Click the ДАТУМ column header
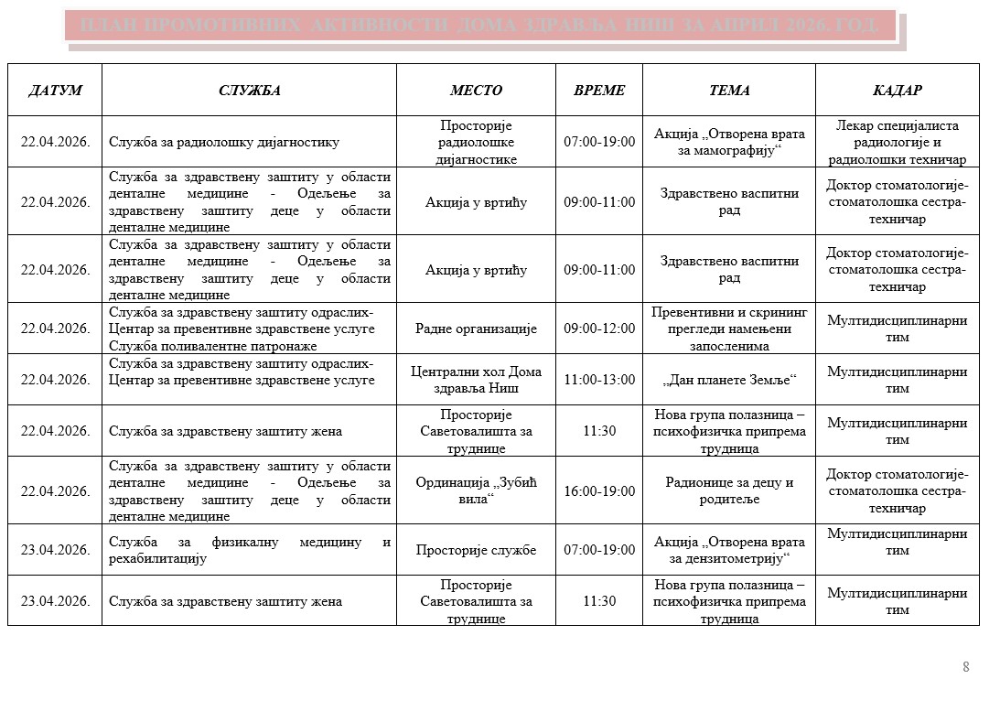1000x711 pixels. coord(55,91)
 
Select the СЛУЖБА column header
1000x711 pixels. coord(249,91)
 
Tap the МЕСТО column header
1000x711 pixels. coord(476,91)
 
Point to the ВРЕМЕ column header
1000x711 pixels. coord(599,91)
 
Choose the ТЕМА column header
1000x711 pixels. coord(729,91)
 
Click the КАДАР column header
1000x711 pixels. coord(897,91)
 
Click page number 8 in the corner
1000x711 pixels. coord(965,667)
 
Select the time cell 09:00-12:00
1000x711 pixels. coord(599,329)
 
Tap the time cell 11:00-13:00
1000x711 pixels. coord(599,380)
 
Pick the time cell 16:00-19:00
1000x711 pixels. coord(599,491)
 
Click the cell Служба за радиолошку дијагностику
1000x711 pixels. coord(224,142)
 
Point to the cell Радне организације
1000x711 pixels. coord(476,329)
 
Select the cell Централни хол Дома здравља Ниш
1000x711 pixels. coord(476,380)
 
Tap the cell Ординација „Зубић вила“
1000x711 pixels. coord(476,491)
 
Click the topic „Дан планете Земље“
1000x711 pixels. coord(729,380)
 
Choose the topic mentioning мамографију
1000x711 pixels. coord(729,142)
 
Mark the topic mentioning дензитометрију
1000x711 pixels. coord(729,550)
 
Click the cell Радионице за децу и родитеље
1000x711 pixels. coord(729,491)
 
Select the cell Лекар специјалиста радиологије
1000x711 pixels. coord(897,142)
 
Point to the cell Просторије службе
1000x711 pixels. coord(476,550)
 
